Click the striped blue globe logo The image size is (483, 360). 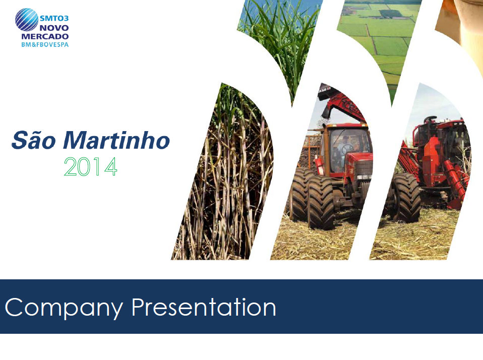click(x=27, y=20)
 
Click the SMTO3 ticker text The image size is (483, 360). click(x=54, y=18)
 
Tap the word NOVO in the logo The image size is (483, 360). click(x=54, y=28)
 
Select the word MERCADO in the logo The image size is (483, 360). click(x=45, y=36)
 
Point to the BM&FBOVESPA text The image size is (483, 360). click(x=45, y=45)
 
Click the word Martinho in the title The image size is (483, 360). click(x=116, y=140)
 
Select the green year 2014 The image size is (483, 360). click(x=91, y=166)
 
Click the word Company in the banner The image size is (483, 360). click(x=64, y=308)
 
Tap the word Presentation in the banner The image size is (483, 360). click(x=204, y=307)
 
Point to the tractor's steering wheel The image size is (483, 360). click(x=347, y=149)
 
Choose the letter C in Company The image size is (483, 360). click(x=14, y=307)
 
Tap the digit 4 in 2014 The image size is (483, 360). click(x=111, y=166)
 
